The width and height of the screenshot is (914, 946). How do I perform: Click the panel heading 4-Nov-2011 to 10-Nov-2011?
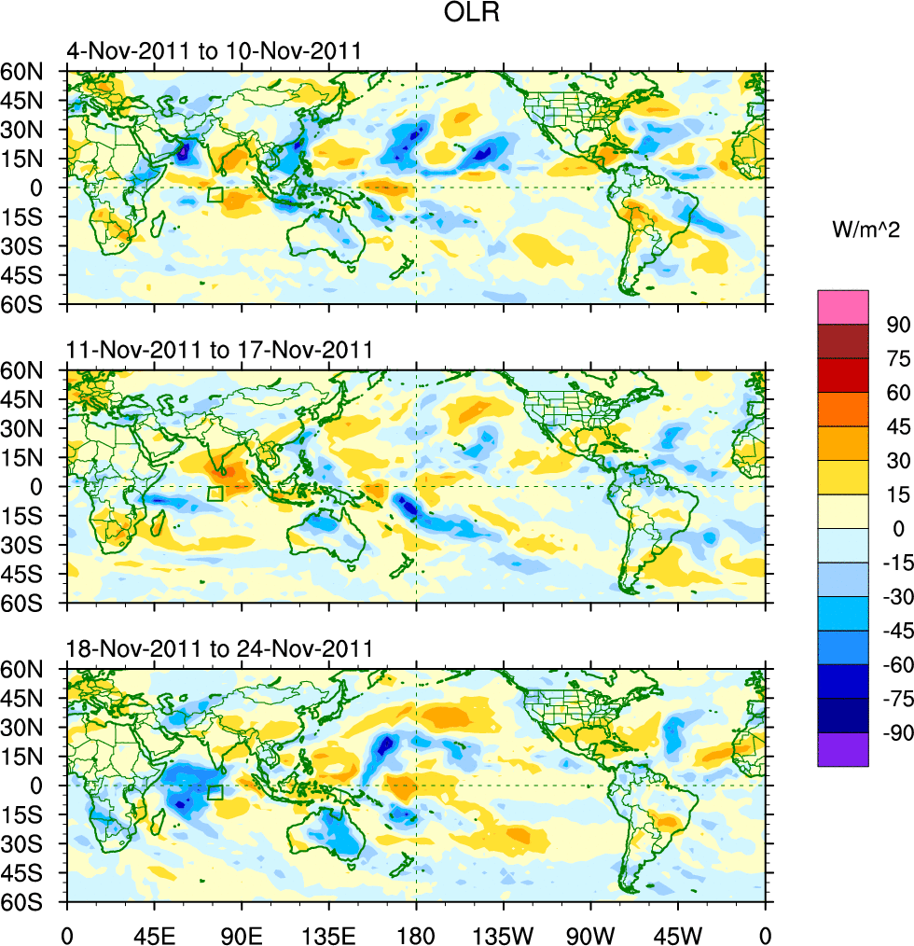coord(214,51)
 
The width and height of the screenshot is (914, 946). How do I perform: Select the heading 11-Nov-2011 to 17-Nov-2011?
coord(219,351)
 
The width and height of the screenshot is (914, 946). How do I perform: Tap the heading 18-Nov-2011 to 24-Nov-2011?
coord(219,649)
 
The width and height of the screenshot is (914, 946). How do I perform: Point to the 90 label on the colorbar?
coord(897,325)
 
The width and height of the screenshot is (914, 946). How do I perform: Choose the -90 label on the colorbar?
coord(893,733)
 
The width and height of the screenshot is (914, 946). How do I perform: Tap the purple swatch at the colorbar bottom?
coord(843,750)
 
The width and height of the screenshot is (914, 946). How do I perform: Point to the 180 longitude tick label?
coord(416,933)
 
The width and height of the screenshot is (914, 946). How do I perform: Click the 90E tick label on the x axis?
coord(241,933)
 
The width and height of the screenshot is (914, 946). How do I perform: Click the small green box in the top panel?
coord(215,195)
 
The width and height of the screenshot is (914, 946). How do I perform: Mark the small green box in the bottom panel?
coord(215,793)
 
